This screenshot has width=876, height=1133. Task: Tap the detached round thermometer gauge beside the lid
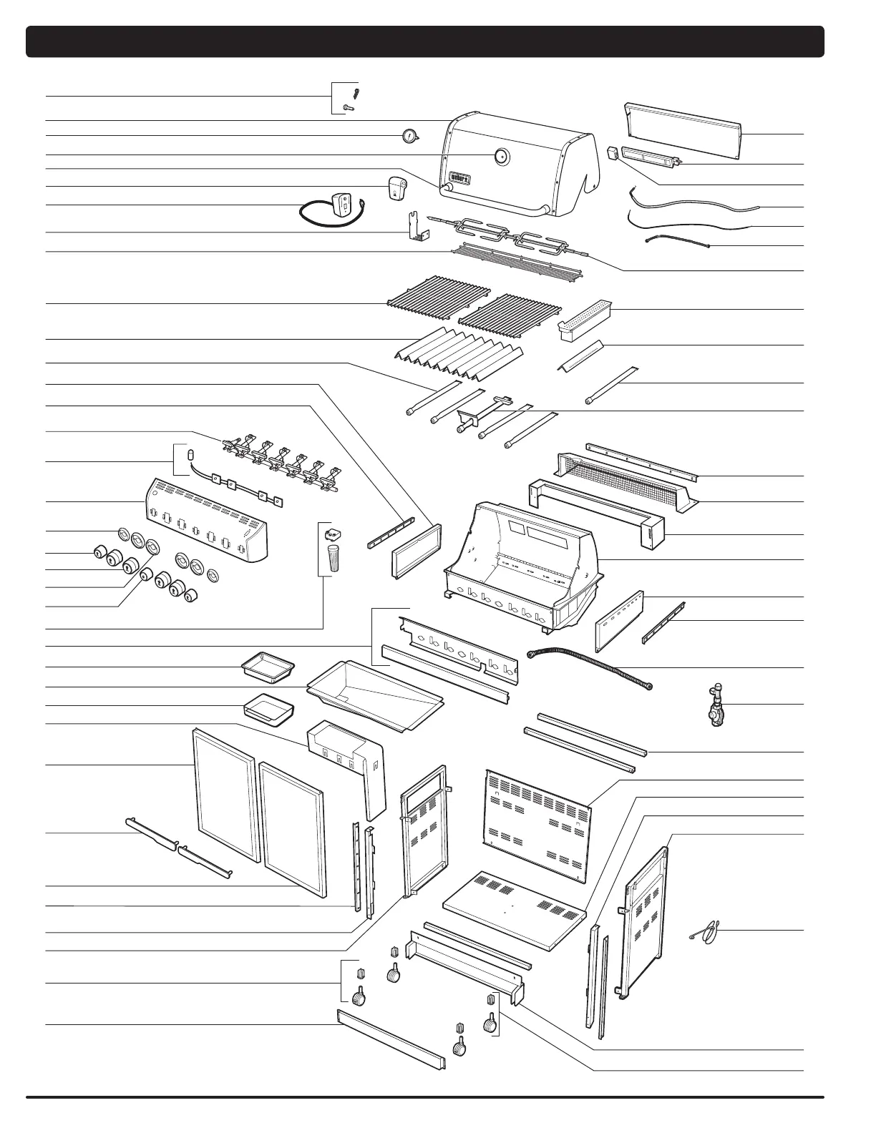[x=409, y=135]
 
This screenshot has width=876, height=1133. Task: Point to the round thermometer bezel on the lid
[x=501, y=156]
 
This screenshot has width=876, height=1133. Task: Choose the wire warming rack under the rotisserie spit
[x=517, y=261]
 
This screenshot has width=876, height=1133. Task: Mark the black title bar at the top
[x=425, y=41]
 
